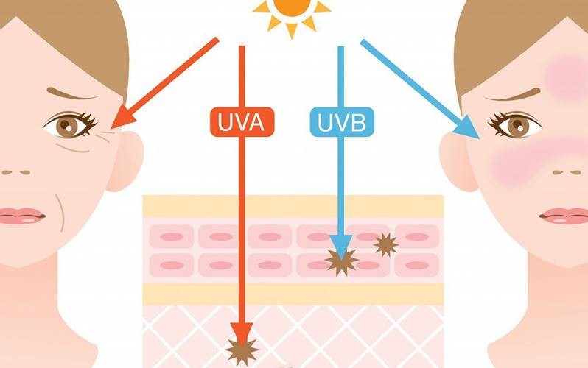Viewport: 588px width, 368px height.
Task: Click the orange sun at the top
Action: tap(292, 15)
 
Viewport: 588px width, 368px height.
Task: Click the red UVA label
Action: tap(242, 121)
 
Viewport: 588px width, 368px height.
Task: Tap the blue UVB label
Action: tap(342, 121)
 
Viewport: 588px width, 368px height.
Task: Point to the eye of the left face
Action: tap(71, 124)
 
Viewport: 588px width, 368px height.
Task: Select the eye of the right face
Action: tap(515, 124)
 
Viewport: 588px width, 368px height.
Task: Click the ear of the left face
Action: tap(125, 160)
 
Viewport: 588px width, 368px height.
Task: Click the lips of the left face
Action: tap(22, 216)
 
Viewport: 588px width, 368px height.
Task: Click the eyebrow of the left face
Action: tap(71, 94)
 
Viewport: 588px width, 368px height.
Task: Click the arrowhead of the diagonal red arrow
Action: tap(124, 116)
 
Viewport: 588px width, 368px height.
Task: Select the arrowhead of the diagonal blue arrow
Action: tap(467, 126)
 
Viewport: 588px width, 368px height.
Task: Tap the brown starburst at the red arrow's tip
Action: tap(242, 351)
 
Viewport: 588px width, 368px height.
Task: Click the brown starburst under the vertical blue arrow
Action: tap(341, 261)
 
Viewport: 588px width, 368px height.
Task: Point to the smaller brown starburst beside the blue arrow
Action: tap(385, 244)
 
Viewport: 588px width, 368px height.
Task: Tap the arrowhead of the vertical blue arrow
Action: tap(341, 247)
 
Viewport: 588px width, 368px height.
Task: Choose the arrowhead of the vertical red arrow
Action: tap(242, 334)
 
